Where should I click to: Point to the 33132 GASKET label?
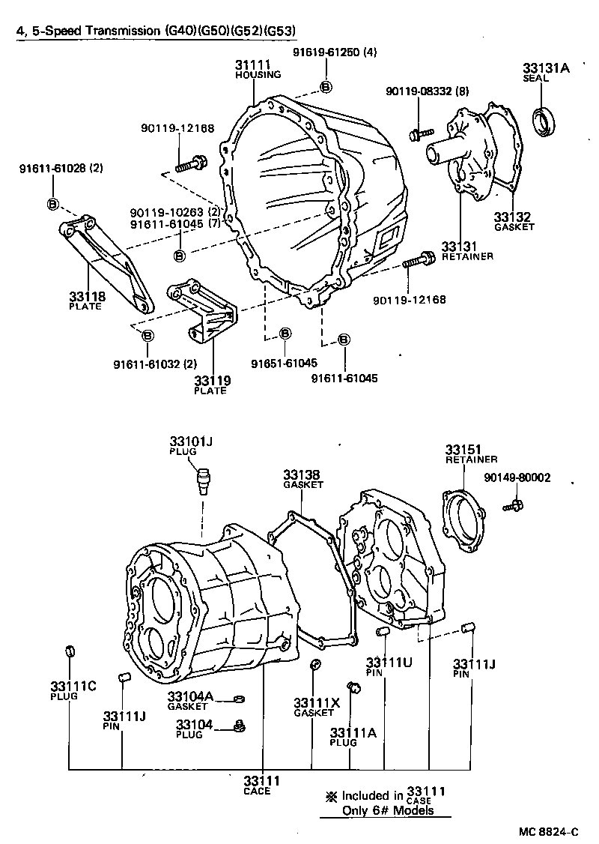pyautogui.click(x=514, y=222)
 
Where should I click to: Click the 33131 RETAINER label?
pyautogui.click(x=466, y=250)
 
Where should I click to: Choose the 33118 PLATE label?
pyautogui.click(x=88, y=301)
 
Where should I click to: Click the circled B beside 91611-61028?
pyautogui.click(x=53, y=204)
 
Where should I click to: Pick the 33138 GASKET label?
pyautogui.click(x=302, y=478)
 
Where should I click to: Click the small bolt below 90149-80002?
pyautogui.click(x=513, y=508)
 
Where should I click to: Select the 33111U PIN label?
pyautogui.click(x=389, y=666)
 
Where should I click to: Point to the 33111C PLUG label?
pyautogui.click(x=73, y=690)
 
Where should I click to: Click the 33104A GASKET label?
pyautogui.click(x=190, y=701)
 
